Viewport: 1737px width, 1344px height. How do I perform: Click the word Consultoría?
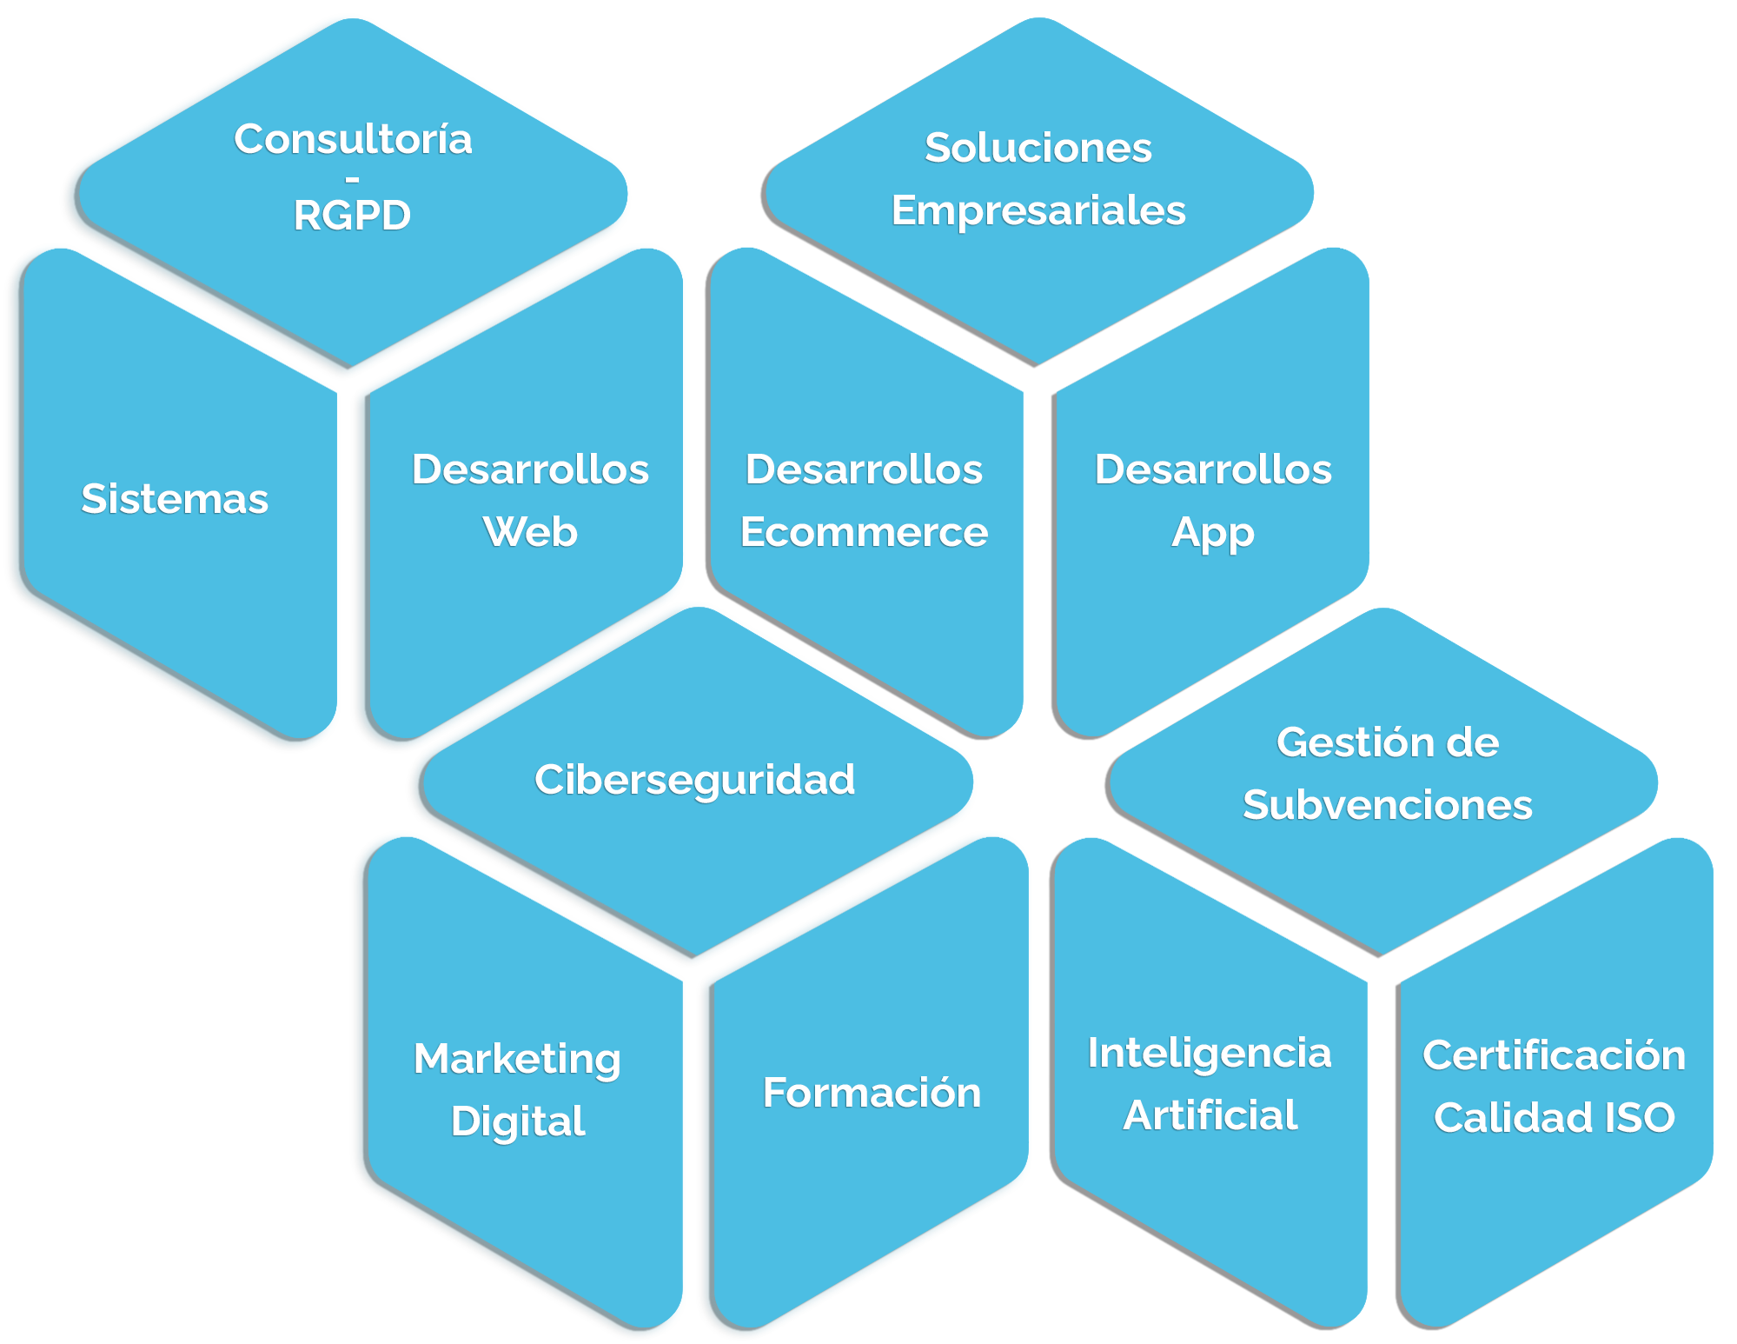pyautogui.click(x=353, y=139)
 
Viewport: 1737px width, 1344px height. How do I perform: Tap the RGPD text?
pyautogui.click(x=352, y=216)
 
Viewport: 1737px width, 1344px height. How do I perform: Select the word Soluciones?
pyautogui.click(x=1038, y=148)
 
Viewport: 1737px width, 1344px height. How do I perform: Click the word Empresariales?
pyautogui.click(x=1038, y=210)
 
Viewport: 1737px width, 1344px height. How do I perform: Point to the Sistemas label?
pyautogui.click(x=175, y=499)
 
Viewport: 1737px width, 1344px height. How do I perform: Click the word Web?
pyautogui.click(x=530, y=532)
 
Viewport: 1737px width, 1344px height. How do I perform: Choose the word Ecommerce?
pyautogui.click(x=864, y=532)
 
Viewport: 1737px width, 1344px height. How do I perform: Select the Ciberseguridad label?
pyautogui.click(x=694, y=780)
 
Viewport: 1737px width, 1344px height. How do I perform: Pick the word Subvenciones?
pyautogui.click(x=1388, y=805)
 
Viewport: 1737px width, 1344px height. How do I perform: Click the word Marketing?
pyautogui.click(x=517, y=1060)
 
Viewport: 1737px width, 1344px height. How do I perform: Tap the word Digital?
pyautogui.click(x=518, y=1121)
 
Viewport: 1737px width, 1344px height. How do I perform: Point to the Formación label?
pyautogui.click(x=872, y=1093)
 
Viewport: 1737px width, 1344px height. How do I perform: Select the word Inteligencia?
pyautogui.click(x=1210, y=1054)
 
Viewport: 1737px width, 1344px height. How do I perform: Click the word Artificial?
pyautogui.click(x=1210, y=1115)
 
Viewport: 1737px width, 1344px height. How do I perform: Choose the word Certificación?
pyautogui.click(x=1554, y=1055)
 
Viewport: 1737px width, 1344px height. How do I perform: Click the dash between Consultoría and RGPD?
pyautogui.click(x=352, y=180)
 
